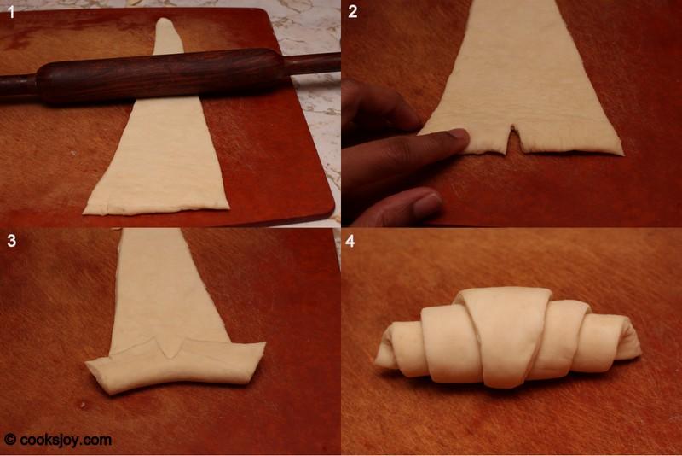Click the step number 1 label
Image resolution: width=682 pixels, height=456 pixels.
(11, 11)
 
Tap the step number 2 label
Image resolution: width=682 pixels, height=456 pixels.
(353, 11)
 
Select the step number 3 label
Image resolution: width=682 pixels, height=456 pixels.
(12, 241)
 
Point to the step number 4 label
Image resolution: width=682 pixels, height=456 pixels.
(350, 241)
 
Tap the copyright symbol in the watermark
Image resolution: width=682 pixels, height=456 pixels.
(10, 439)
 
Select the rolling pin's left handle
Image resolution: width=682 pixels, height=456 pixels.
(18, 89)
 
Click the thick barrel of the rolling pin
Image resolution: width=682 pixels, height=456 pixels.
(161, 76)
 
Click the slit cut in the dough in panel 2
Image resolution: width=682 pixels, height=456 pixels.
(513, 139)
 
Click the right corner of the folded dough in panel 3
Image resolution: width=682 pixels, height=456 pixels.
(263, 344)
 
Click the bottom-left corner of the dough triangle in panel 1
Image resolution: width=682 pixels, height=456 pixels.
(84, 213)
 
